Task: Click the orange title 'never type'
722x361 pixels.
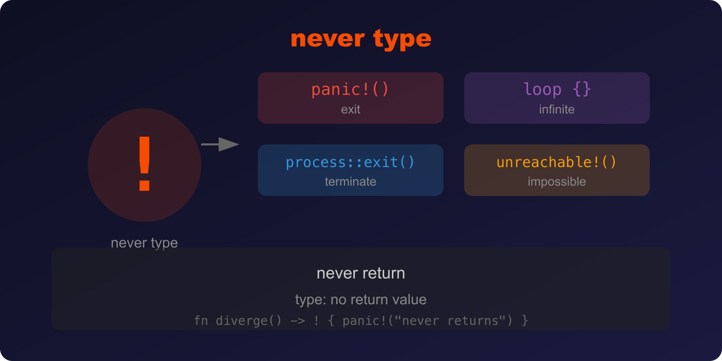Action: click(361, 39)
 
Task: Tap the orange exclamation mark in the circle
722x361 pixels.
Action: click(144, 163)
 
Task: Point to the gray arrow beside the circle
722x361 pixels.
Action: click(220, 144)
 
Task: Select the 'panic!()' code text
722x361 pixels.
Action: click(350, 89)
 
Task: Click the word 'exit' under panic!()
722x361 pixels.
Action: click(350, 109)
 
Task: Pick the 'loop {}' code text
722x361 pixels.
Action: click(557, 89)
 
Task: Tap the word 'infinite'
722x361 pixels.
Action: click(557, 109)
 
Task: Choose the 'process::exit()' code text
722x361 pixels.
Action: click(350, 162)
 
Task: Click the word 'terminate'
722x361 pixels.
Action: click(350, 182)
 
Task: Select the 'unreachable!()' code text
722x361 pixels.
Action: click(556, 162)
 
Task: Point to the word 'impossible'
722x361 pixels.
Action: click(556, 182)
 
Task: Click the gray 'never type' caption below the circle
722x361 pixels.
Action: click(144, 243)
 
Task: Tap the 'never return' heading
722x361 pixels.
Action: click(361, 273)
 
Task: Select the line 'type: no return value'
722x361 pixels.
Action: click(361, 300)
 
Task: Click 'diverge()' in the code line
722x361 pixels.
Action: click(249, 321)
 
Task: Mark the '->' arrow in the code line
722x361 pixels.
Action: click(298, 321)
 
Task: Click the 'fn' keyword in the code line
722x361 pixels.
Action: click(201, 321)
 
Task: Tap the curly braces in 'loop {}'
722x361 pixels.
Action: click(582, 89)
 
